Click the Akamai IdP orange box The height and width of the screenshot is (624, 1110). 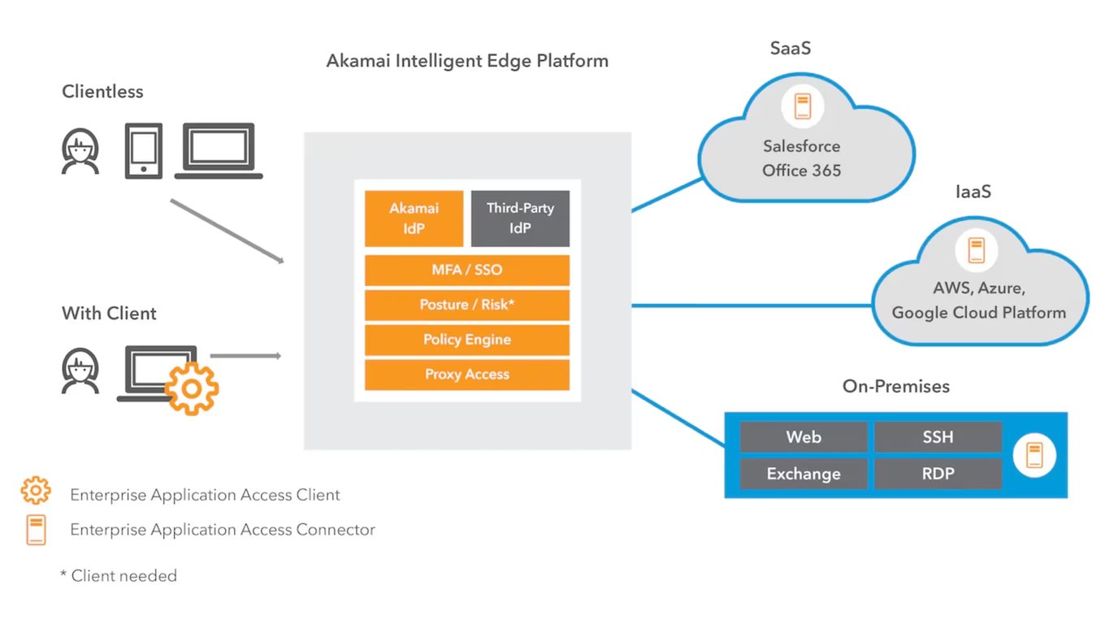[x=414, y=219]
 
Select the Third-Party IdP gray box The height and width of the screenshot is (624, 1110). [x=520, y=219]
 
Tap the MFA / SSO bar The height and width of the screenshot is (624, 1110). [x=466, y=270]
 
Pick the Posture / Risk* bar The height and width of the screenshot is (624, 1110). [x=466, y=305]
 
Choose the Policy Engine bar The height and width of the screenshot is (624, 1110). [x=466, y=340]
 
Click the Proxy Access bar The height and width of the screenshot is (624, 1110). [x=466, y=375]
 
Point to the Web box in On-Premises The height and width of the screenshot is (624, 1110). [x=803, y=437]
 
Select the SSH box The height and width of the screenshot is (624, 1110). [x=937, y=437]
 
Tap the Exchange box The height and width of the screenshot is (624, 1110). [x=803, y=474]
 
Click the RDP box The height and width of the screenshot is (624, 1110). [x=937, y=474]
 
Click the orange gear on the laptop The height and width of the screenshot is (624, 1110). [x=192, y=388]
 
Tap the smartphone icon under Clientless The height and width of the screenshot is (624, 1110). [x=143, y=150]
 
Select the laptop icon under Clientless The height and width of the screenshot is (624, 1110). [x=219, y=151]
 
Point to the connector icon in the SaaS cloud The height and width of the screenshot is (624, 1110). [x=803, y=106]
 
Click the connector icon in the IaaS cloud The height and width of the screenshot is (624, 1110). [x=976, y=249]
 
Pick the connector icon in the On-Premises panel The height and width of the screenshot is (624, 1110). [x=1034, y=455]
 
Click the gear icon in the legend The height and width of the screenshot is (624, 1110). [x=36, y=491]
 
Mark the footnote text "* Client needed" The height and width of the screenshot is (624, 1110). [x=119, y=576]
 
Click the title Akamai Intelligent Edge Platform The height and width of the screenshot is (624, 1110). [x=467, y=61]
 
